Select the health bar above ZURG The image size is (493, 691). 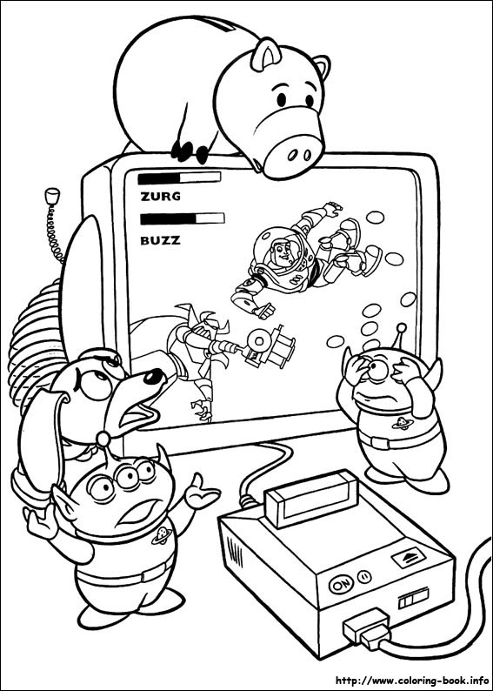pos(179,178)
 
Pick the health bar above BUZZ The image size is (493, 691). pos(182,218)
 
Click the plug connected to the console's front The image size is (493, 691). pos(369,628)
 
